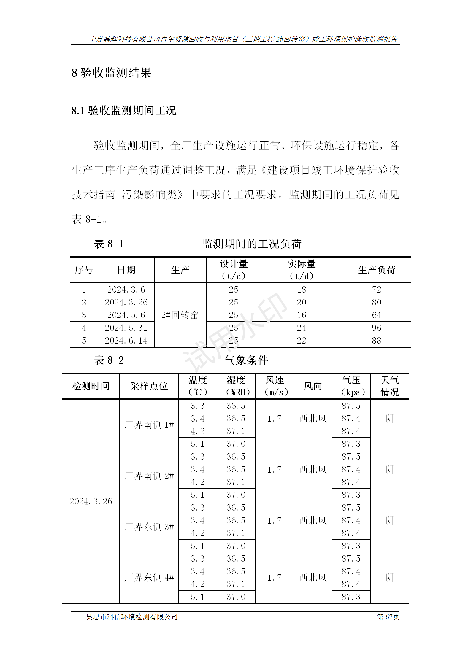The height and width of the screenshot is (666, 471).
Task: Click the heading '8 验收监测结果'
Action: pos(111,73)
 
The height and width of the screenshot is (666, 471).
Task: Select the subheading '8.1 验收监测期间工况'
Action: pos(123,111)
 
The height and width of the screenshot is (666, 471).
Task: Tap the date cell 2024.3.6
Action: pos(126,290)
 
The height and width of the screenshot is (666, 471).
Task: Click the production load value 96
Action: pos(376,328)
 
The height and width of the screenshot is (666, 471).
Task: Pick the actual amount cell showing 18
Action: pos(302,290)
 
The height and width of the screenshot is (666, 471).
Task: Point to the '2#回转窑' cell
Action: pos(180,315)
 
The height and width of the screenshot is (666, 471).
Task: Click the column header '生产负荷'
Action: pos(376,270)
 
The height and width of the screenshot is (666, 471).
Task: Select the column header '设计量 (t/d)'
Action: pos(234,270)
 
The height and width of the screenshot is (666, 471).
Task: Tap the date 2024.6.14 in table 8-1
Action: pos(126,341)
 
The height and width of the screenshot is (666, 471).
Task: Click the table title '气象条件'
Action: pos(246,360)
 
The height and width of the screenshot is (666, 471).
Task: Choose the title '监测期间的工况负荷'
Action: pos(252,244)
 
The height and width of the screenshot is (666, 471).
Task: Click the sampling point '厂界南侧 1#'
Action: pos(149,425)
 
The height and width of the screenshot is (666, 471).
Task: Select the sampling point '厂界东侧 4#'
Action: pos(149,578)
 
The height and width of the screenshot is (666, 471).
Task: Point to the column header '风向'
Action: pos(313,386)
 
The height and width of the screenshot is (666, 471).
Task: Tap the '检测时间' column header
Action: pos(91,386)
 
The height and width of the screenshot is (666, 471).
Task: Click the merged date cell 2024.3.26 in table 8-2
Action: pos(91,501)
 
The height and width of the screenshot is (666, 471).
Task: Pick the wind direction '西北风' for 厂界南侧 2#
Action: pos(313,470)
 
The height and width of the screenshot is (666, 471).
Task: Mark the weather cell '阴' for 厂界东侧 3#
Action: pos(389,521)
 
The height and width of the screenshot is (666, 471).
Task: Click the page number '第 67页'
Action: pos(388,617)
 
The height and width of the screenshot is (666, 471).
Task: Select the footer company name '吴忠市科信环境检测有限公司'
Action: pos(131,617)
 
